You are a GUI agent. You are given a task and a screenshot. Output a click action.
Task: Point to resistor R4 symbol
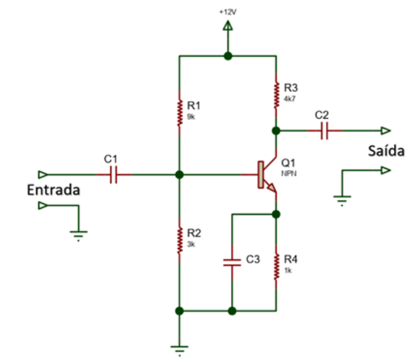(x=277, y=265)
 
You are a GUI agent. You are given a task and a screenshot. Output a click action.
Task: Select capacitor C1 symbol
(x=112, y=175)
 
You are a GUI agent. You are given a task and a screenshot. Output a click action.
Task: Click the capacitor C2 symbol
(x=322, y=130)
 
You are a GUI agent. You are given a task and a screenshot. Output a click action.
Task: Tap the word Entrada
(x=53, y=190)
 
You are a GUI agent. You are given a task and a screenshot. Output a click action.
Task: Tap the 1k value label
(x=288, y=269)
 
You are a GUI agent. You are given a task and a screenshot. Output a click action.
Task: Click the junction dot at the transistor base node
(x=179, y=175)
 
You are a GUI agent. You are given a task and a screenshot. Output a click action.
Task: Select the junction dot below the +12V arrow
(x=228, y=56)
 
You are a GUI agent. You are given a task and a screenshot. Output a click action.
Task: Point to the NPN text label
(x=289, y=174)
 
